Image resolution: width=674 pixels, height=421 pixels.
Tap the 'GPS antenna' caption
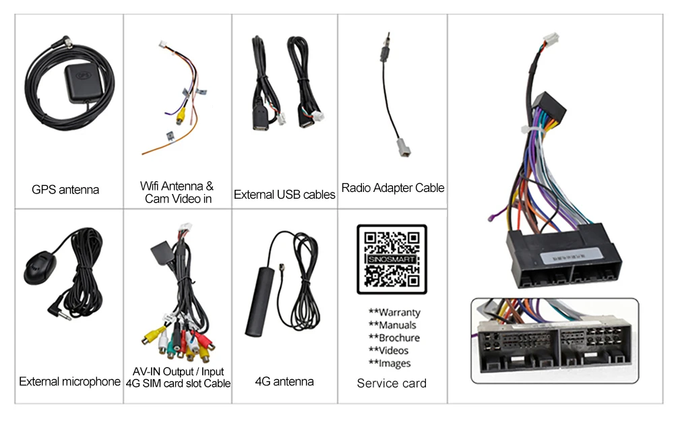coord(65,190)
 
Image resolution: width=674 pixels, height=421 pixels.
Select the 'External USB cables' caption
coord(284,195)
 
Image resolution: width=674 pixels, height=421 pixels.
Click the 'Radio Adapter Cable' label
coord(393,188)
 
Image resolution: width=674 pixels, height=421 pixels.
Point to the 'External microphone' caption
coord(69,382)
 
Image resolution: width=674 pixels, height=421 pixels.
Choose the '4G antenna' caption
coord(284,382)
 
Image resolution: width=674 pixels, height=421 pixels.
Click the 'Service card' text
coord(392,383)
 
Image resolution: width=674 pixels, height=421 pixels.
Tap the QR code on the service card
coord(392,259)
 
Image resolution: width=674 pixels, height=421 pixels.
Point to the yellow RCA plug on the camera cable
coord(180,116)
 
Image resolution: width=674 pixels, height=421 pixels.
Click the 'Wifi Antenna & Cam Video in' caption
coord(177,192)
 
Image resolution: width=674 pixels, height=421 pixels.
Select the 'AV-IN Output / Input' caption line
coord(178,372)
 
